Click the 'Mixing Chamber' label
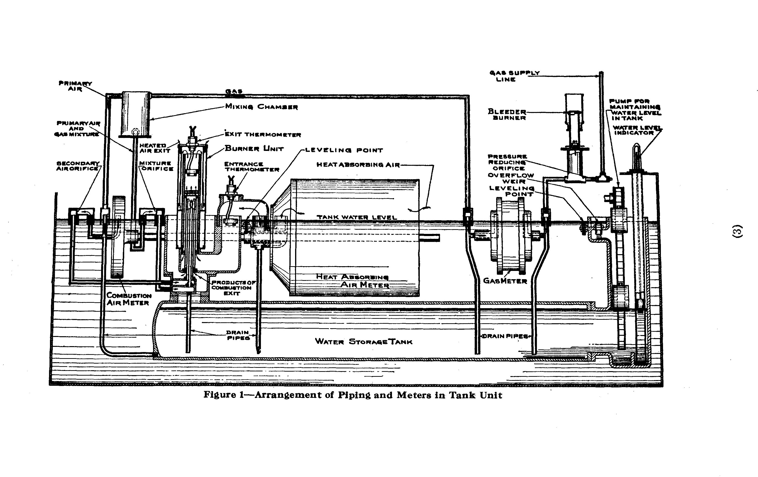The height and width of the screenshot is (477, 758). (x=262, y=107)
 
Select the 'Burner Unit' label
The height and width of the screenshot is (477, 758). (x=254, y=149)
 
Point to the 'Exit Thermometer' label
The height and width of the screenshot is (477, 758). (x=263, y=135)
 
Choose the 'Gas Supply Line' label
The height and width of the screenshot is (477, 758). (x=514, y=76)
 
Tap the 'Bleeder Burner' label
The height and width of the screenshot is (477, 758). (x=507, y=115)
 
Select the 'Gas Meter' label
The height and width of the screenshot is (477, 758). (x=505, y=281)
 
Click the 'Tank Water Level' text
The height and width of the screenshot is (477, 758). (x=357, y=217)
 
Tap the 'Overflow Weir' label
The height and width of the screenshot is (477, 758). (x=511, y=178)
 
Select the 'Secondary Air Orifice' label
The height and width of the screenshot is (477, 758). (x=78, y=166)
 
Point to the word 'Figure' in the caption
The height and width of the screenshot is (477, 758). (x=219, y=395)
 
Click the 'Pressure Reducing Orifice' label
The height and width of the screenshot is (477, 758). (x=507, y=162)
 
